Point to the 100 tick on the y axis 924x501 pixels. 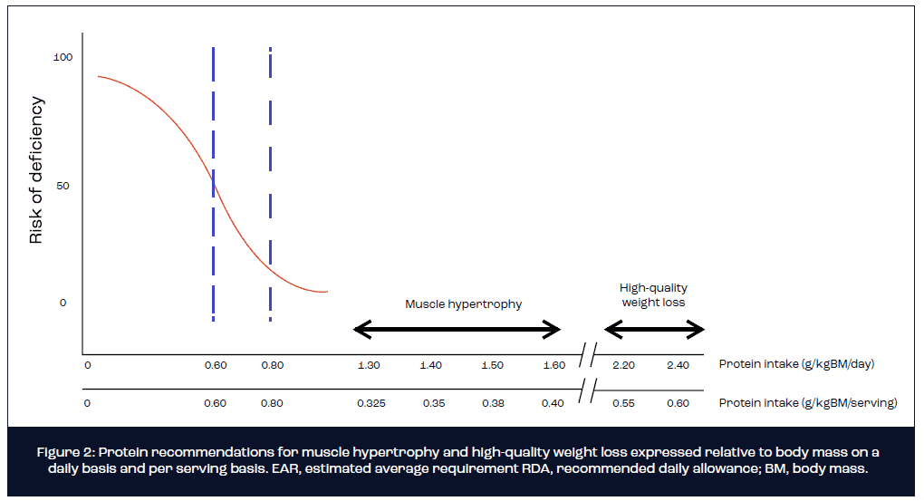click(x=63, y=57)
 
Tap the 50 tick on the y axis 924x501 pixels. click(x=63, y=186)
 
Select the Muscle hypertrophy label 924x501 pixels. click(x=463, y=304)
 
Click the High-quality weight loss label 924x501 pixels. click(x=653, y=295)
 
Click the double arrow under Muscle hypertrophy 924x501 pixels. click(x=457, y=330)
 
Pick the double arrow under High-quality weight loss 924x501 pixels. click(x=654, y=330)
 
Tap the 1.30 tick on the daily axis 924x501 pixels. click(x=369, y=365)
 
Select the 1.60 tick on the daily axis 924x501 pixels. click(x=554, y=365)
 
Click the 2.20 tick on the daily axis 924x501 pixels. click(x=623, y=365)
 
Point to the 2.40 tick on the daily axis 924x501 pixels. click(x=677, y=365)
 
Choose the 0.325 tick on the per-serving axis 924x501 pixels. click(x=371, y=403)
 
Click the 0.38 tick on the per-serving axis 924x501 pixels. click(x=492, y=403)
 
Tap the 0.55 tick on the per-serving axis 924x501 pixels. click(x=623, y=403)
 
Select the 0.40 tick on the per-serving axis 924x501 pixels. click(x=553, y=403)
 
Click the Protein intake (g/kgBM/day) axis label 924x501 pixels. click(x=796, y=365)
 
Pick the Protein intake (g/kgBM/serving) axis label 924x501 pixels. click(x=807, y=403)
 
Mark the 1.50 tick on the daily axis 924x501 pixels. click(x=492, y=365)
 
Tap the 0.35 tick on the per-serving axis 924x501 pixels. click(x=433, y=403)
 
